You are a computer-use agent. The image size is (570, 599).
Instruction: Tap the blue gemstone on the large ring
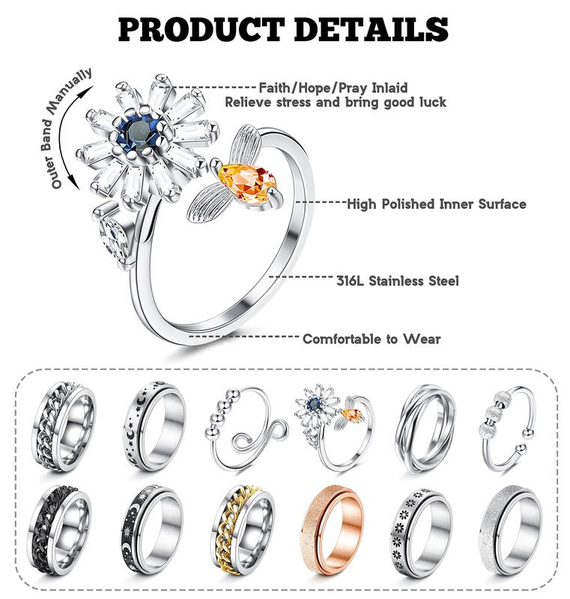tap(140, 133)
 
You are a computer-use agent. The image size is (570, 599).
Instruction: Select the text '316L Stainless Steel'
tap(397, 282)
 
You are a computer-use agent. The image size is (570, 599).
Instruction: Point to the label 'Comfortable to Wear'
tap(372, 338)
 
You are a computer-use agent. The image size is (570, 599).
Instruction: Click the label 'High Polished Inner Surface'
tap(436, 204)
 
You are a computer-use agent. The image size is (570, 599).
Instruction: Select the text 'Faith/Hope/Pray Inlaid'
tap(333, 88)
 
